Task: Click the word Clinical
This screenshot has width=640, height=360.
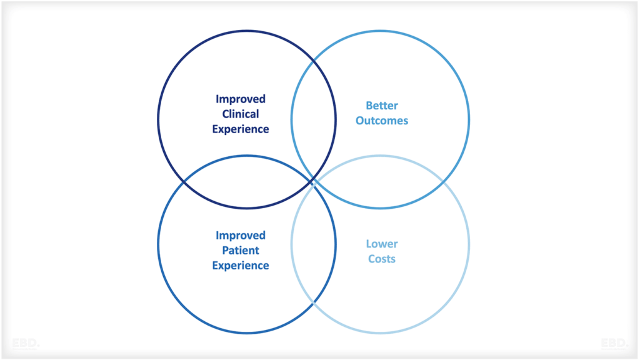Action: coord(241,114)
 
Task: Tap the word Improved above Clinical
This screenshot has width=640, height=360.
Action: coord(241,99)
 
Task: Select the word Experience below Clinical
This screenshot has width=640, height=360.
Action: coord(241,129)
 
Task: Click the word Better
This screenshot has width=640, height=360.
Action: coord(382,106)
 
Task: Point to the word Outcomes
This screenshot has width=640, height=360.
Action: coord(382,121)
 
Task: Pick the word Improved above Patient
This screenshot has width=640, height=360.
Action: coord(241,236)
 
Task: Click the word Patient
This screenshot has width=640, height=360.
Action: coord(241,251)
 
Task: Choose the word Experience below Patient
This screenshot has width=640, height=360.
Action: coord(241,266)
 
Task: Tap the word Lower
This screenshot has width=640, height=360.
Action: coord(382,244)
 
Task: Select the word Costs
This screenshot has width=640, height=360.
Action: coord(382,259)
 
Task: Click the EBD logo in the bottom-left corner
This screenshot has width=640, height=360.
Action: coord(25,343)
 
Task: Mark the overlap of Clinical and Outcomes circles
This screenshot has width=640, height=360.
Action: coord(314,119)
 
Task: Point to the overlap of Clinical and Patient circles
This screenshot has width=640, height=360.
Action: coord(247,182)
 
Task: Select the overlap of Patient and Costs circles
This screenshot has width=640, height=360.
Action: coord(314,244)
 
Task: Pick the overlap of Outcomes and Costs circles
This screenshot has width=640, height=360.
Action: coord(380,182)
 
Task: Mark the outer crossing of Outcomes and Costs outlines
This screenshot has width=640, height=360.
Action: coord(444,182)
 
